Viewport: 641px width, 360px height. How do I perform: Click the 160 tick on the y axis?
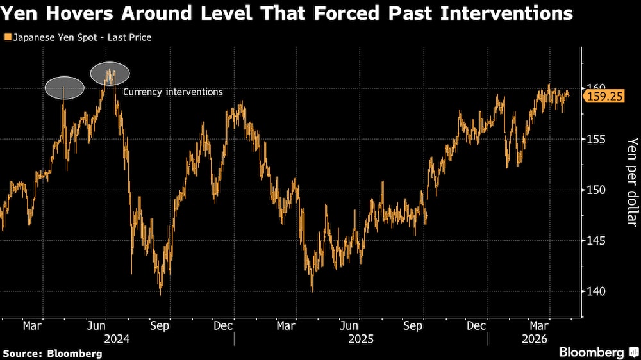pyautogui.click(x=595, y=88)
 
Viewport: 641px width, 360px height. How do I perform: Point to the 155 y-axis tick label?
pyautogui.click(x=595, y=139)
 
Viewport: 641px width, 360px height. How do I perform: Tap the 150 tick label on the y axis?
pyautogui.click(x=595, y=190)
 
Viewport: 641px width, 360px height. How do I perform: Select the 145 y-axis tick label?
pyautogui.click(x=595, y=241)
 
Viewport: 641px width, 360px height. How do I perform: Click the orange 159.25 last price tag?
pyautogui.click(x=601, y=96)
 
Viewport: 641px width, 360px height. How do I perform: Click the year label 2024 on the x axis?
pyautogui.click(x=116, y=339)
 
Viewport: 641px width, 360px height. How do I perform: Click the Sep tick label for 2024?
pyautogui.click(x=160, y=326)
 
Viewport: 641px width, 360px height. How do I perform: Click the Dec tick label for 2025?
pyautogui.click(x=476, y=326)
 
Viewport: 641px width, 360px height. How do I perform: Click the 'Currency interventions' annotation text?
pyautogui.click(x=173, y=92)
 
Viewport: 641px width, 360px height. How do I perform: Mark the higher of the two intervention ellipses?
pyautogui.click(x=110, y=74)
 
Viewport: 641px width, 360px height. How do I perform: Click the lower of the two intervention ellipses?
pyautogui.click(x=64, y=88)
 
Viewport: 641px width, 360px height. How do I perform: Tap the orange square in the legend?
pyautogui.click(x=8, y=38)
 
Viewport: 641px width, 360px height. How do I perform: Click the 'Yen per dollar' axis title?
pyautogui.click(x=632, y=181)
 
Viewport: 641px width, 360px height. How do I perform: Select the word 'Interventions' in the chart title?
pyautogui.click(x=509, y=13)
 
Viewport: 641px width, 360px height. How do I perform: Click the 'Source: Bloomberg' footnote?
pyautogui.click(x=53, y=354)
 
